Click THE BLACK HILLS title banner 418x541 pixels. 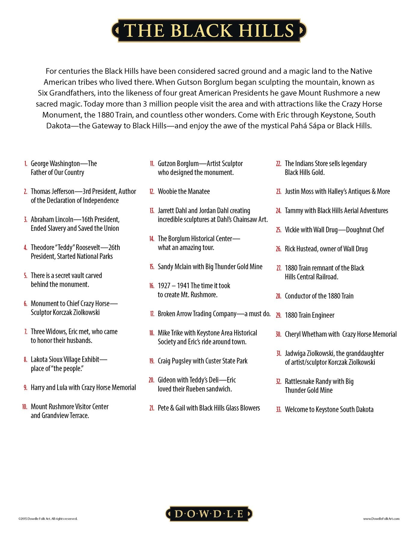click(209, 30)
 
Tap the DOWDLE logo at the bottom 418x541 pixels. click(209, 514)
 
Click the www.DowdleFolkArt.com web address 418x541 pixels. click(381, 518)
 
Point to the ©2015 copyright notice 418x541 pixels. click(48, 518)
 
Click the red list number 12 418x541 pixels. click(152, 191)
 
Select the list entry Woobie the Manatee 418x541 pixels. click(184, 191)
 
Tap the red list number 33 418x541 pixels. click(279, 409)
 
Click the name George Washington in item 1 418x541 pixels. click(55, 164)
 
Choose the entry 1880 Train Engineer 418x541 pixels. click(310, 315)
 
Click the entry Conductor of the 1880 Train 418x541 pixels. click(319, 296)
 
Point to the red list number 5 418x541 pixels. click(26, 276)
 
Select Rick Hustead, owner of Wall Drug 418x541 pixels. click(326, 249)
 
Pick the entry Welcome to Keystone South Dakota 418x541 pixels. click(329, 409)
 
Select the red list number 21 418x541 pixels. click(152, 408)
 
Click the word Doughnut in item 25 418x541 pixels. click(359, 230)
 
